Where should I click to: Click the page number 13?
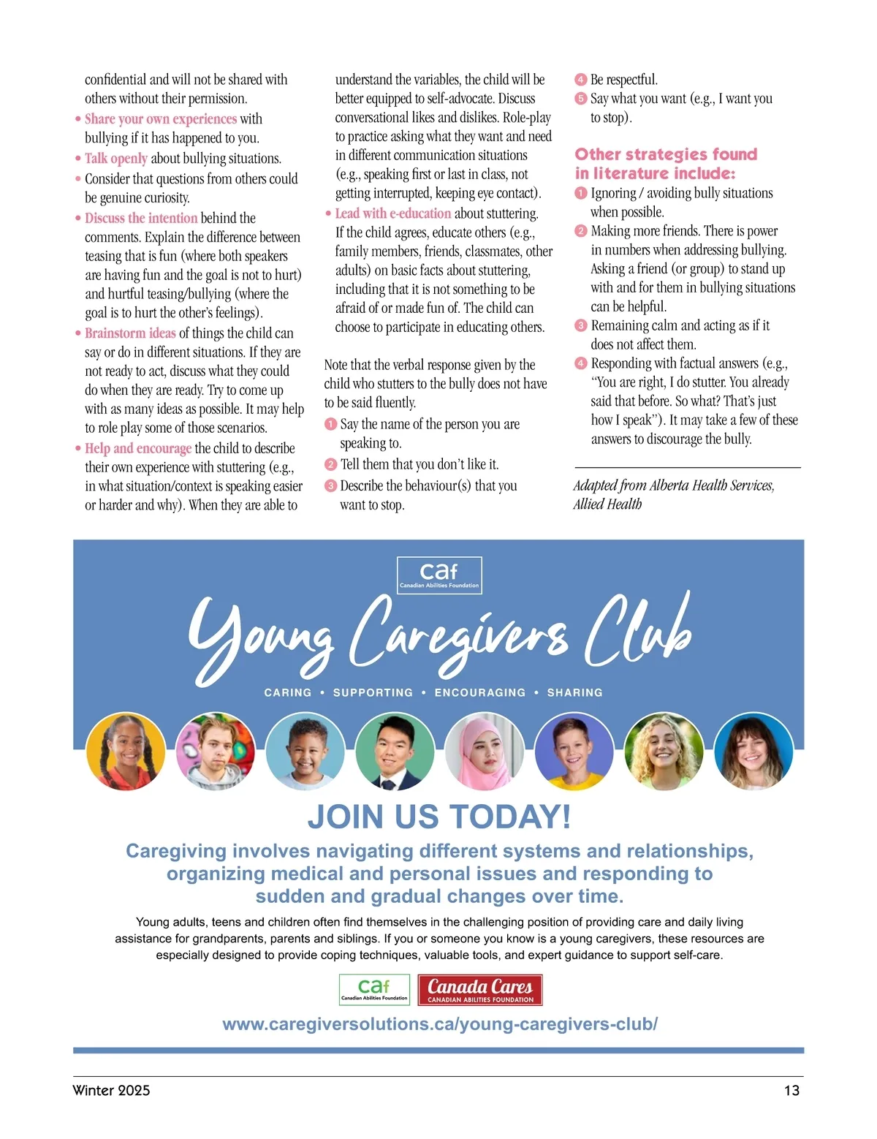pyautogui.click(x=791, y=1090)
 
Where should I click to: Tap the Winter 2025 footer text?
pyautogui.click(x=111, y=1090)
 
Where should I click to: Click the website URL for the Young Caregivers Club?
pyautogui.click(x=439, y=1024)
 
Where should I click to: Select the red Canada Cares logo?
pyautogui.click(x=480, y=990)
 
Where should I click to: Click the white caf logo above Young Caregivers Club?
pyautogui.click(x=439, y=575)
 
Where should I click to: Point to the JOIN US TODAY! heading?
pyautogui.click(x=438, y=817)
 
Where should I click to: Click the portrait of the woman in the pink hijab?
pyautogui.click(x=484, y=752)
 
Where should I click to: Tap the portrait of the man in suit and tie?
pyautogui.click(x=395, y=752)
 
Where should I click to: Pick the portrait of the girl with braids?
pyautogui.click(x=126, y=752)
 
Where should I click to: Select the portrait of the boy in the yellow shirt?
pyautogui.click(x=574, y=752)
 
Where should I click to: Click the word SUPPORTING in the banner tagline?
pyautogui.click(x=373, y=692)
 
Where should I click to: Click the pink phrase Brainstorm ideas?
pyautogui.click(x=130, y=333)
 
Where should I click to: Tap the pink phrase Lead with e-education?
pyautogui.click(x=392, y=213)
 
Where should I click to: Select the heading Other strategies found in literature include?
pyautogui.click(x=665, y=164)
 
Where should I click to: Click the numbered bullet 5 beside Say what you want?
pyautogui.click(x=581, y=99)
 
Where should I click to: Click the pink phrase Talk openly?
pyautogui.click(x=115, y=159)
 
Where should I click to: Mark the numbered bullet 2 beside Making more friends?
pyautogui.click(x=581, y=231)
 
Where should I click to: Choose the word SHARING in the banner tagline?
pyautogui.click(x=574, y=692)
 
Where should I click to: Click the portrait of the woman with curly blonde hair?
pyautogui.click(x=664, y=752)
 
